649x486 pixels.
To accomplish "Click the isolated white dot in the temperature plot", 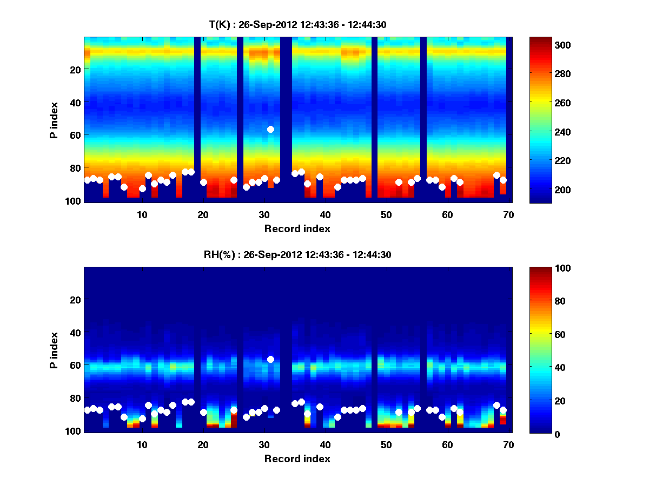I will point(270,129).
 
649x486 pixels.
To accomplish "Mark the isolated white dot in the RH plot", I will point(270,359).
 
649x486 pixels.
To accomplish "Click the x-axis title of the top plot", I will point(297,228).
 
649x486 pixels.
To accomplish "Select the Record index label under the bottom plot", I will point(297,458).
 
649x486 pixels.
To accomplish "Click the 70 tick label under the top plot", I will point(509,214).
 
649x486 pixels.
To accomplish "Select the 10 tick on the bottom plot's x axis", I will point(142,444).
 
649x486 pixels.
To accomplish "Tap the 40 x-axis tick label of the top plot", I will point(325,214).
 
